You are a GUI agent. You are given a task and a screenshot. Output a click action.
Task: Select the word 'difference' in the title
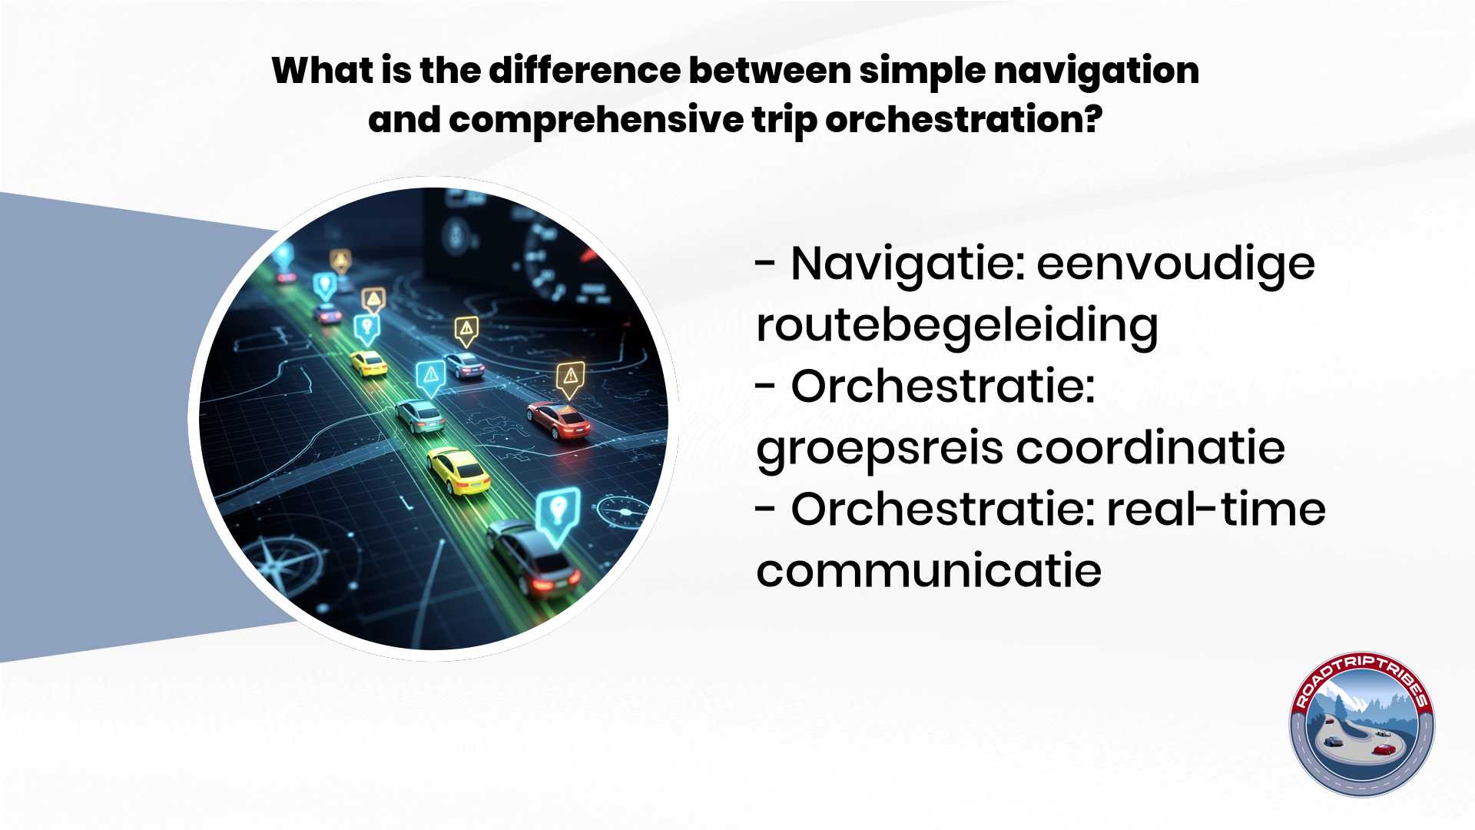(584, 71)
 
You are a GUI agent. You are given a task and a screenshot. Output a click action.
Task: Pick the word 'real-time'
(1216, 510)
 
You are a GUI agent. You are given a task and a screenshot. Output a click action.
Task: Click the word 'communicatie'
(929, 571)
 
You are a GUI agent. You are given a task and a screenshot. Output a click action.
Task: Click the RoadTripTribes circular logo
(1361, 725)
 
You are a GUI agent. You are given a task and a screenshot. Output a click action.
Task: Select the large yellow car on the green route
(459, 470)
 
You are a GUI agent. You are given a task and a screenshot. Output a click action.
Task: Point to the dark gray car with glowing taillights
(533, 557)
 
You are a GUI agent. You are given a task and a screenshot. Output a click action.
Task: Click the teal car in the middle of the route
(420, 415)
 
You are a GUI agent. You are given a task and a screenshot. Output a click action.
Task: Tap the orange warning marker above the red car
(570, 379)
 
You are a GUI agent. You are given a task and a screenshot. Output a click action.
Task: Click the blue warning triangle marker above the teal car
(430, 378)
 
